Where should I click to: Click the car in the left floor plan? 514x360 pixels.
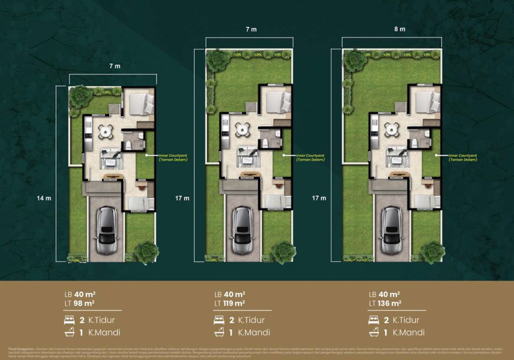[x=107, y=230]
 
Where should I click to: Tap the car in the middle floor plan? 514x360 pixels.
[x=243, y=230]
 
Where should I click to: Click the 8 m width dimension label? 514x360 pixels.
[x=400, y=29]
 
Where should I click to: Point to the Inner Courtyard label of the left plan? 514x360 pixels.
[x=173, y=157]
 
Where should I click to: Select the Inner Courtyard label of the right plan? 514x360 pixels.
[x=462, y=157]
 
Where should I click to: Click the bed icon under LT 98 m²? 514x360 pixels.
[x=70, y=320]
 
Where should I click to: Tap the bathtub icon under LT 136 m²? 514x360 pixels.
[x=374, y=332]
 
